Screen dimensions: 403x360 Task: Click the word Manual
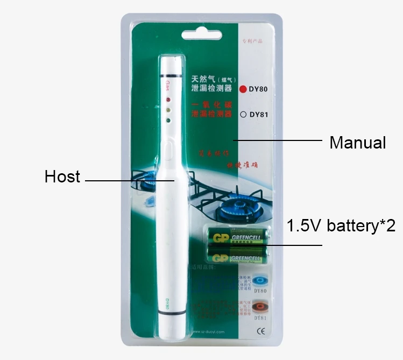pyautogui.click(x=357, y=143)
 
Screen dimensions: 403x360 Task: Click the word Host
pyautogui.click(x=62, y=177)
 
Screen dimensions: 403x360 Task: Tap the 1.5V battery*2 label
pyautogui.click(x=341, y=225)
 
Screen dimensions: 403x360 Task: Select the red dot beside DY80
pyautogui.click(x=243, y=89)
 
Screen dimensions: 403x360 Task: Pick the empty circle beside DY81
pyautogui.click(x=243, y=114)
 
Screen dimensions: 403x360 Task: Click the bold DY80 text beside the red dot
pyautogui.click(x=258, y=89)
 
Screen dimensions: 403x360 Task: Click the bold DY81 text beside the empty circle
pyautogui.click(x=258, y=114)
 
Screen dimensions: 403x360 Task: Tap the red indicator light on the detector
pyautogui.click(x=168, y=100)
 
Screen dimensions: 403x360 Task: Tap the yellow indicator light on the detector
pyautogui.click(x=168, y=110)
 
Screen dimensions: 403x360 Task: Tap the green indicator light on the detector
pyautogui.click(x=168, y=120)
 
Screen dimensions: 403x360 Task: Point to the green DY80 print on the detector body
pyautogui.click(x=167, y=302)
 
